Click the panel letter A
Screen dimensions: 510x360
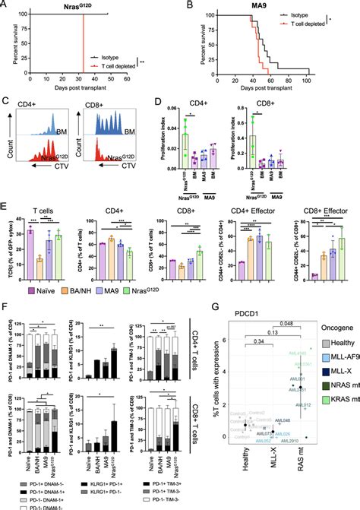pyautogui.click(x=6, y=6)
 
